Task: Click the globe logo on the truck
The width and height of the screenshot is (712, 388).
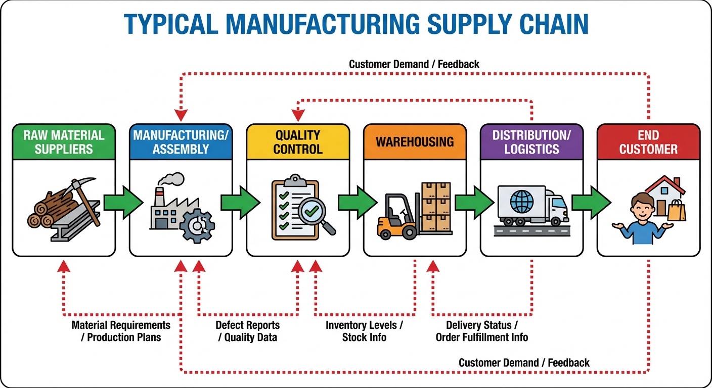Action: point(521,202)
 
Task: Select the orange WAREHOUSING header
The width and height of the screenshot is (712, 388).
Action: point(415,141)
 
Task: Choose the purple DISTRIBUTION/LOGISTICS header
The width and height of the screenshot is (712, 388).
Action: point(531,142)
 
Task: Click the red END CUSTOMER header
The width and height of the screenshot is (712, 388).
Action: point(648,142)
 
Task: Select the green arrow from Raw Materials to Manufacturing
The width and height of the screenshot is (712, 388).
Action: point(123,203)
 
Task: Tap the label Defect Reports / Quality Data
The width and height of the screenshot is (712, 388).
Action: point(247,331)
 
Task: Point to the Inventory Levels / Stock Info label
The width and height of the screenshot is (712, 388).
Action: point(364,331)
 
